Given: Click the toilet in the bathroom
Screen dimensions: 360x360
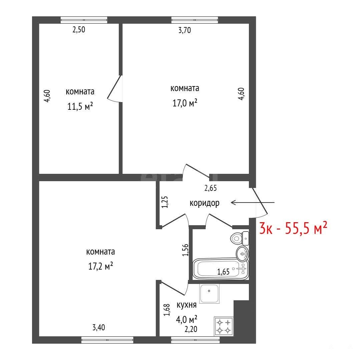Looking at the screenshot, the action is click(239, 239).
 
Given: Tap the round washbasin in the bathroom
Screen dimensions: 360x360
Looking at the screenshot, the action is click(242, 254).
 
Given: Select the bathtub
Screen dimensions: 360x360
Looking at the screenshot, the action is click(221, 269).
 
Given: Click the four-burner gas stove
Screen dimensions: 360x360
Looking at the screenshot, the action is click(224, 326).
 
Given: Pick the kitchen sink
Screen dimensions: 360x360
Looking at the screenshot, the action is click(209, 294).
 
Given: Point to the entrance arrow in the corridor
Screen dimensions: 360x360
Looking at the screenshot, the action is click(253, 203).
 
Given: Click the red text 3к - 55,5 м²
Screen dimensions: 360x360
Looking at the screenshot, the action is click(293, 228).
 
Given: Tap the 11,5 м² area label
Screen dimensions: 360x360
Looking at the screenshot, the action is click(80, 106).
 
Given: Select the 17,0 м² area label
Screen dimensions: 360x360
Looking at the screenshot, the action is click(185, 103).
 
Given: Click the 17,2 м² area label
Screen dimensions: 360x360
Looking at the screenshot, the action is click(100, 266).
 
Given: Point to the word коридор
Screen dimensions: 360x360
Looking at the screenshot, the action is click(205, 203).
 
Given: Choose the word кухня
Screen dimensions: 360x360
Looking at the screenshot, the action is click(187, 305).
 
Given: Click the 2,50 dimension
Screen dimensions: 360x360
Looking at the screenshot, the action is click(79, 30).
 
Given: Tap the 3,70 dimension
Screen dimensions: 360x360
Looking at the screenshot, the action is click(185, 30).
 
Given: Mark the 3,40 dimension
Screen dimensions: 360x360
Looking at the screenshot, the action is click(99, 327).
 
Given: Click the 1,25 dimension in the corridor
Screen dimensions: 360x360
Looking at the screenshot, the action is click(165, 202).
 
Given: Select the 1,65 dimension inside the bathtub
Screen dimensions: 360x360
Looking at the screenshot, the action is click(224, 272).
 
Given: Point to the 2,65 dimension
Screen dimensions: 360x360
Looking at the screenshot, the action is click(211, 188).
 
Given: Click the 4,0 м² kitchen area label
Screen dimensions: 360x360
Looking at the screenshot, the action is click(187, 319).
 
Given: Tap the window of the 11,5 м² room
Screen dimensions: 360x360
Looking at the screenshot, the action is click(84, 20).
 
